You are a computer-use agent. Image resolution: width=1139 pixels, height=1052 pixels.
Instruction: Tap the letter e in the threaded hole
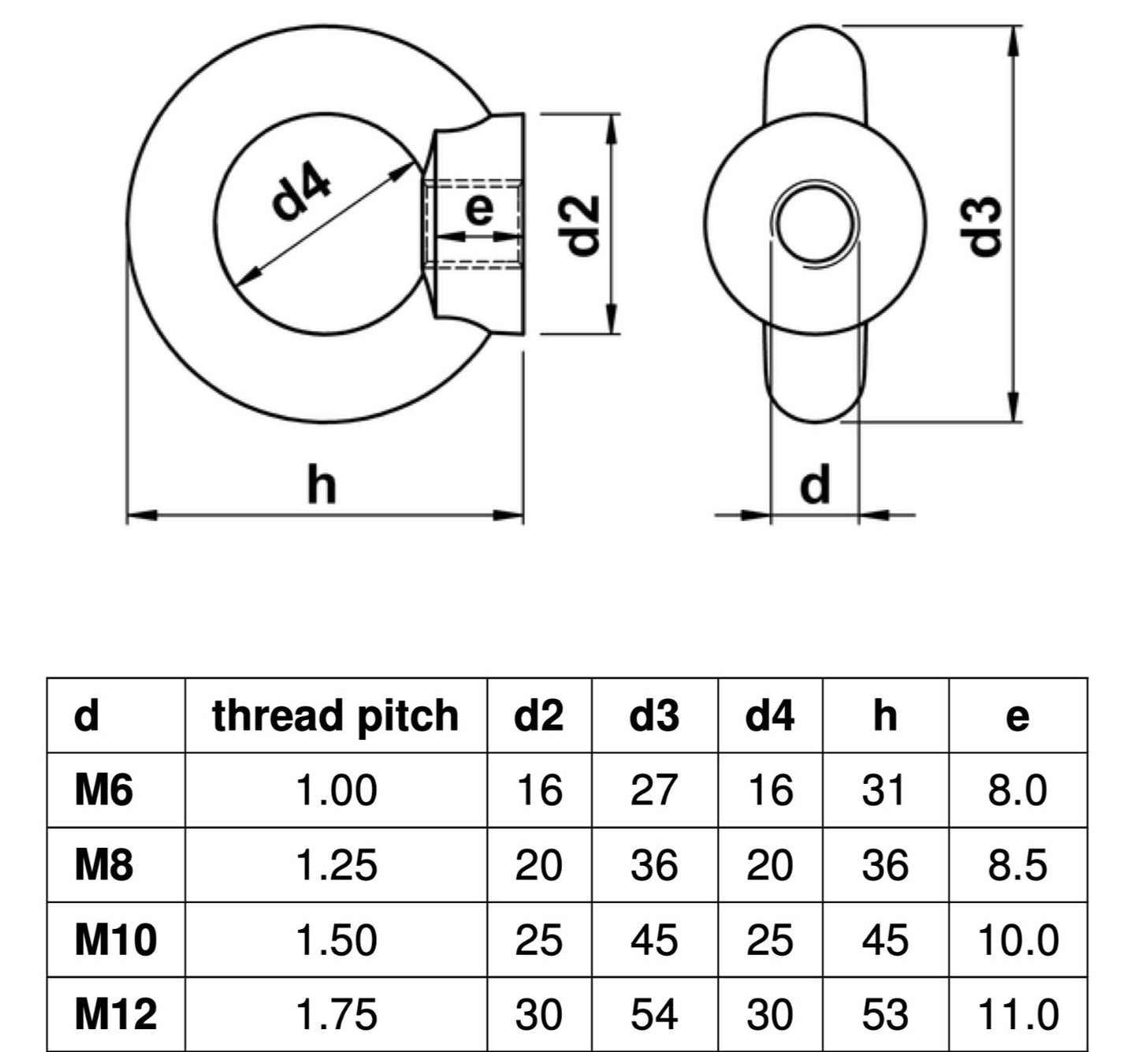[478, 210]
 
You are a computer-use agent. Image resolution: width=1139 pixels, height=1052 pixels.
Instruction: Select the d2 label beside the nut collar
[583, 225]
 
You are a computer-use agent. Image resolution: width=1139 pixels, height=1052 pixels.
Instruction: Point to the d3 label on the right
[985, 225]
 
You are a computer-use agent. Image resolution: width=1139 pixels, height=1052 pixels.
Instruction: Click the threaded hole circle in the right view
[815, 223]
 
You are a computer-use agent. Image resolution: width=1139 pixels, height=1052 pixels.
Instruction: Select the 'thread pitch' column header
[335, 715]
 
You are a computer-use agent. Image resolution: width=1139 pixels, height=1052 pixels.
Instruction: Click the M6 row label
[103, 790]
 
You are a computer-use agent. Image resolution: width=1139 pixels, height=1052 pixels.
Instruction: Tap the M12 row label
[115, 1014]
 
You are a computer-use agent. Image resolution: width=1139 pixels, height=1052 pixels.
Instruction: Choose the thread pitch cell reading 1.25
[335, 865]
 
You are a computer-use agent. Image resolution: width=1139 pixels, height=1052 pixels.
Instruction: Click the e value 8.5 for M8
[1017, 865]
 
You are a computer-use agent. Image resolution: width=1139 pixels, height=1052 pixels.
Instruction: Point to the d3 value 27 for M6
[653, 790]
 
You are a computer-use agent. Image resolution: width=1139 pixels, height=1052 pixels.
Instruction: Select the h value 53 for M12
[884, 1014]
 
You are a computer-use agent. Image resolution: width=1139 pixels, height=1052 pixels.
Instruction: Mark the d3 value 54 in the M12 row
[653, 1014]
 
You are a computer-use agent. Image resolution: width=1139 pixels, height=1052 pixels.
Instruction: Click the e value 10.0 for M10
[1017, 940]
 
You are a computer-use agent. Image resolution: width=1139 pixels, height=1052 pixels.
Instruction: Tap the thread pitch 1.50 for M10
[335, 940]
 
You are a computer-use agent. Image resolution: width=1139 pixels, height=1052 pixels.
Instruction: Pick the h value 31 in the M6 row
[884, 790]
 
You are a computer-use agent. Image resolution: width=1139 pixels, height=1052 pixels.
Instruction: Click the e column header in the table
[1017, 715]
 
